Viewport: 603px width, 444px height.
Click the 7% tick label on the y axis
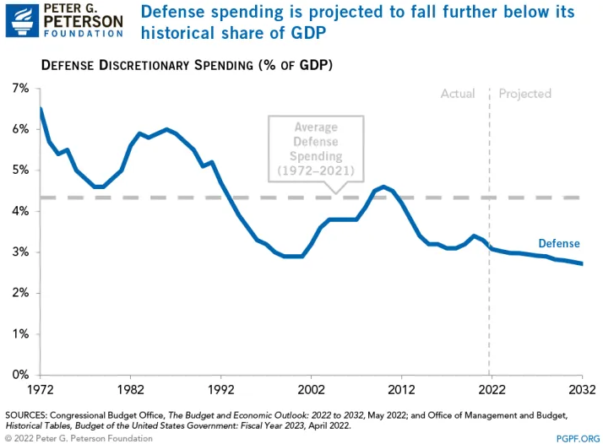[19, 89]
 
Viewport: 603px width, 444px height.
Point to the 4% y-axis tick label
[19, 211]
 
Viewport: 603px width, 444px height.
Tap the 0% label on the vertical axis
[19, 375]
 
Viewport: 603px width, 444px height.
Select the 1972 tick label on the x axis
[39, 391]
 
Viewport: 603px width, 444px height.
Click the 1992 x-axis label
[220, 391]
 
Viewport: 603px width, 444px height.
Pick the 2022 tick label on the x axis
[491, 391]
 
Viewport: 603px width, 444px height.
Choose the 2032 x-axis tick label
[581, 391]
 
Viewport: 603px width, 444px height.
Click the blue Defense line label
[559, 244]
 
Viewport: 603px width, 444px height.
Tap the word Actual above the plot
[458, 94]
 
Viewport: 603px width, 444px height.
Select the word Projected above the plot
[524, 94]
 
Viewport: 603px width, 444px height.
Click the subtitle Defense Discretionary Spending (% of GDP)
[187, 65]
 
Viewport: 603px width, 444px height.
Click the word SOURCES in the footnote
[30, 414]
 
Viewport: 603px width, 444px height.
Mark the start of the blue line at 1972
[40, 109]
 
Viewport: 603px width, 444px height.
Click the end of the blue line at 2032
[581, 264]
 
